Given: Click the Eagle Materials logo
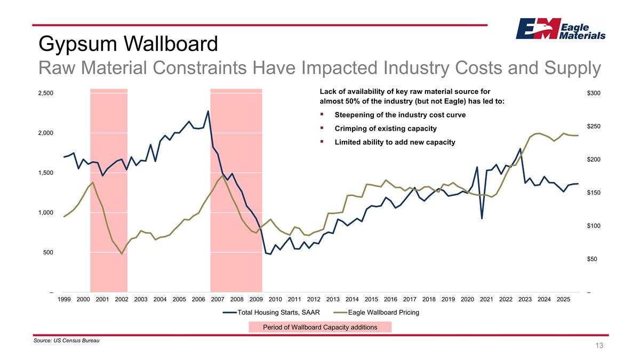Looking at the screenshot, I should tap(560, 29).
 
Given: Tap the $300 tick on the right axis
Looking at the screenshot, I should tap(594, 93).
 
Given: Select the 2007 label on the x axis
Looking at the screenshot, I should tap(218, 300).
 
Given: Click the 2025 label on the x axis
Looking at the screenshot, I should tap(563, 300).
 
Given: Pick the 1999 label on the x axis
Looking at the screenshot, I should tap(63, 300).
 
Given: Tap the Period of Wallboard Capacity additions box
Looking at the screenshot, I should tap(320, 327).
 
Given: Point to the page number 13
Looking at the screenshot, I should tap(599, 346).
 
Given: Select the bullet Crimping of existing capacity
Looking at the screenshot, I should tap(385, 129).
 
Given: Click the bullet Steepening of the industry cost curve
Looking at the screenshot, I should tap(399, 115).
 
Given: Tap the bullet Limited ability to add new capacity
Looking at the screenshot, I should tap(395, 142).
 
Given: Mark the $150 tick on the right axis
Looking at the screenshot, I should tap(594, 193).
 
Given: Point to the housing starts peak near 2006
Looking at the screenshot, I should tap(208, 111).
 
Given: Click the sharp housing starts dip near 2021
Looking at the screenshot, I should tap(482, 219).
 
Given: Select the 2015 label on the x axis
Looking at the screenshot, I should tap(371, 300).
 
